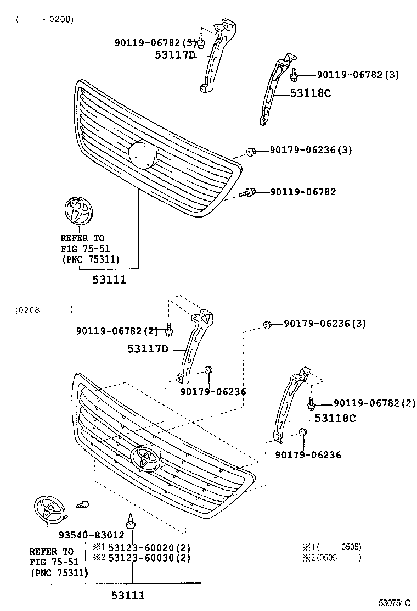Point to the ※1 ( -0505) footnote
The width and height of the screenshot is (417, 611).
(x=332, y=547)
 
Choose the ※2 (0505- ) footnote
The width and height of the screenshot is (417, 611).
(x=332, y=558)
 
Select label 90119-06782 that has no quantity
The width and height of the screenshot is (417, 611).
(x=303, y=192)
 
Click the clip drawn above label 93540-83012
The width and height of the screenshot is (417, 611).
(x=84, y=503)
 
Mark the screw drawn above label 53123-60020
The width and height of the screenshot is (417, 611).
(x=131, y=520)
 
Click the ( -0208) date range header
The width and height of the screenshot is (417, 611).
(x=44, y=19)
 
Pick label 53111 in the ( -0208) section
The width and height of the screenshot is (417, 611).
(x=109, y=280)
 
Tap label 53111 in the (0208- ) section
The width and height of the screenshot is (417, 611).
(x=128, y=595)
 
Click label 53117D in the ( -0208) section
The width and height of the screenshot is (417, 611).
(x=175, y=55)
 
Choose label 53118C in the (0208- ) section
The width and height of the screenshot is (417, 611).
(x=335, y=418)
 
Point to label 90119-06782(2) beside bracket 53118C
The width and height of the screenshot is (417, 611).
(x=375, y=403)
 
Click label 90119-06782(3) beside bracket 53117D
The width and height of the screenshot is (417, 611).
(x=155, y=42)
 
